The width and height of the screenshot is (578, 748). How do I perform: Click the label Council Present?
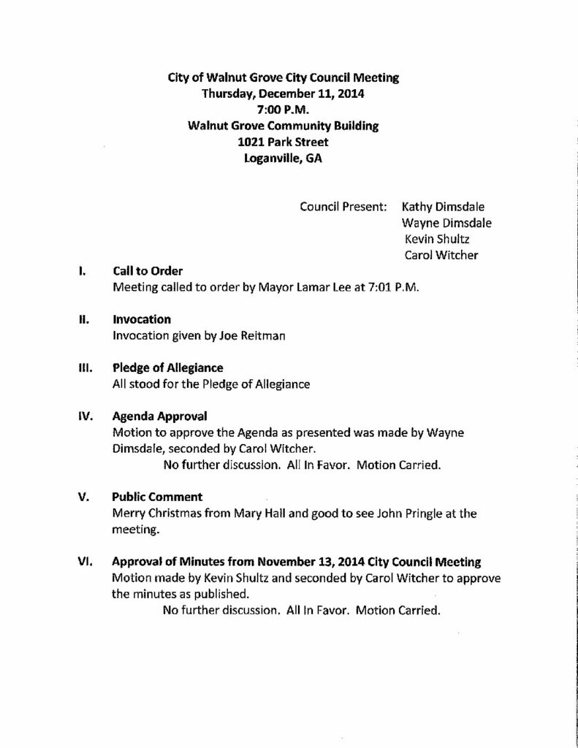[343, 207]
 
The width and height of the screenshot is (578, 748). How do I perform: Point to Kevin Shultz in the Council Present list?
[437, 239]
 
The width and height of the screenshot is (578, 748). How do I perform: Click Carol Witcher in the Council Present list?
[441, 255]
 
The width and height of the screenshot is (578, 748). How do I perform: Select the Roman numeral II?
[83, 319]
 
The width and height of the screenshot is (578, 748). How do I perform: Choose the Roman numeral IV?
[84, 416]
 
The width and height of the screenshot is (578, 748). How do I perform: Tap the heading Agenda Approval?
[159, 416]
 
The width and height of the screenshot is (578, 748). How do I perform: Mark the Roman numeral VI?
[83, 562]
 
